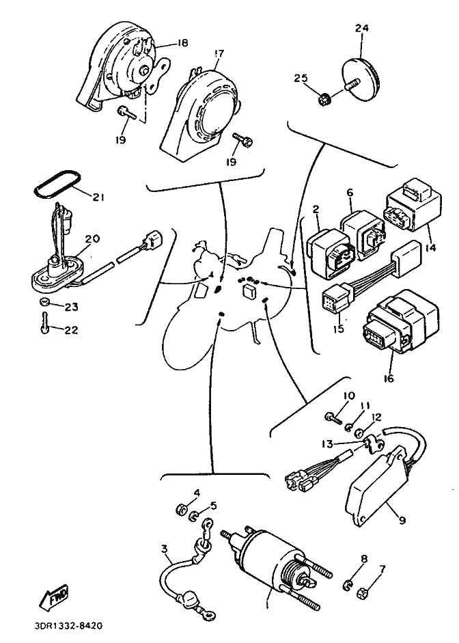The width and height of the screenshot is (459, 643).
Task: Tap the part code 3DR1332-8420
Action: click(68, 626)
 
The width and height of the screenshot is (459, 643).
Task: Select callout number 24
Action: click(361, 28)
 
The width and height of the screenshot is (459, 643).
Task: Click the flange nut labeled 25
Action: click(324, 99)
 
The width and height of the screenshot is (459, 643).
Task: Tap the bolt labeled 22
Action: click(44, 324)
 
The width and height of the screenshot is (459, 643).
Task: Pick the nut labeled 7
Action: click(362, 592)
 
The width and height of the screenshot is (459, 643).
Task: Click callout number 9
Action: click(402, 520)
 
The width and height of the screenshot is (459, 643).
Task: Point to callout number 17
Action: click(219, 54)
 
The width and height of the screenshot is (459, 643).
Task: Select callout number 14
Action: click(430, 247)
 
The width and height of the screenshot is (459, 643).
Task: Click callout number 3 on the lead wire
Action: click(165, 548)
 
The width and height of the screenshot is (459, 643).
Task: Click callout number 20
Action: click(93, 238)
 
